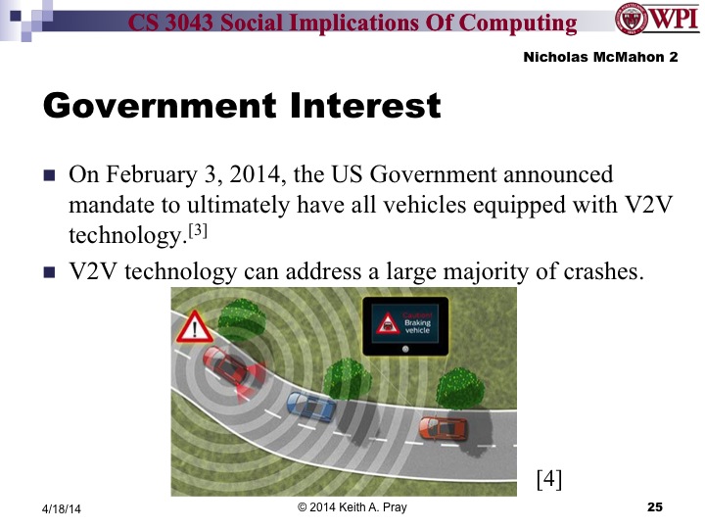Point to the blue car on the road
(x=309, y=404)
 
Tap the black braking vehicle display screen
(x=404, y=326)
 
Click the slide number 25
(x=655, y=506)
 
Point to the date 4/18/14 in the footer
(x=61, y=508)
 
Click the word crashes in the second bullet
(x=597, y=269)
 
